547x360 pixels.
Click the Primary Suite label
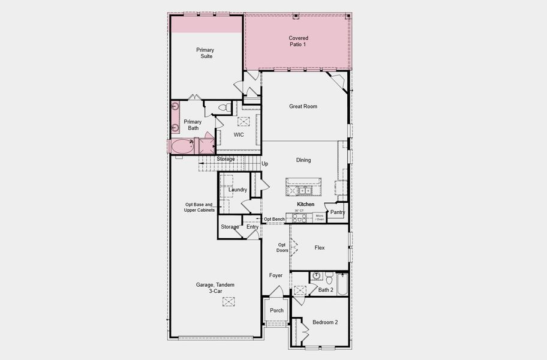[x=205, y=53]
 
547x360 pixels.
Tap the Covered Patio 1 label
[x=298, y=41]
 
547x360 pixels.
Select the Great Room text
[x=303, y=107]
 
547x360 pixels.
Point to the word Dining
[x=303, y=160]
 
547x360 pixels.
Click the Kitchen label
[x=305, y=205]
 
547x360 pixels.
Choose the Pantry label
[x=338, y=212]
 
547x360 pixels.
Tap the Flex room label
[x=319, y=247]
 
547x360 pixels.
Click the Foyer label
[x=276, y=275]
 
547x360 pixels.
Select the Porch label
[x=276, y=310]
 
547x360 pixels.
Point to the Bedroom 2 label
[x=324, y=322]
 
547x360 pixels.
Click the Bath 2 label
[x=326, y=290]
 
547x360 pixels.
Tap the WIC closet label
[x=239, y=135]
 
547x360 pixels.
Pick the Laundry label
[x=238, y=190]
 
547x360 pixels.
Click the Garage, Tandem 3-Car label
[x=215, y=288]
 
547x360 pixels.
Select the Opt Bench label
[x=274, y=219]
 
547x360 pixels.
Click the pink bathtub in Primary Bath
[x=181, y=146]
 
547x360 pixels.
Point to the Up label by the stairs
[x=265, y=163]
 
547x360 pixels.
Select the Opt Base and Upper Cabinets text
[x=200, y=207]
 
